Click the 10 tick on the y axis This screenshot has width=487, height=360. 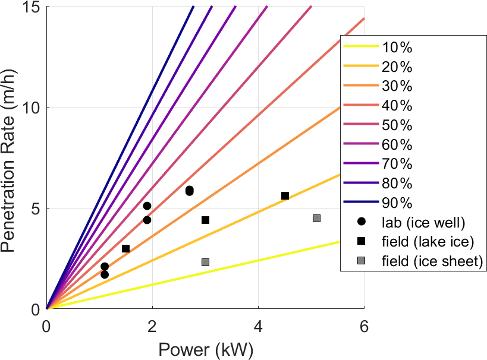click(x=32, y=108)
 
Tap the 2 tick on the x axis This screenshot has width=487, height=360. click(x=152, y=326)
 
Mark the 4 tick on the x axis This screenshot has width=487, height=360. click(x=258, y=326)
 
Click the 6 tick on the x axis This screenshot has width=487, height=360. click(x=364, y=326)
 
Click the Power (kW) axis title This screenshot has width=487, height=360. click(x=205, y=350)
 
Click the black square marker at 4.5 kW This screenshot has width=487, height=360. click(x=285, y=195)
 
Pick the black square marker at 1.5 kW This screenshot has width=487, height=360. click(x=125, y=248)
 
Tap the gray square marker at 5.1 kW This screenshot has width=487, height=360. click(x=316, y=218)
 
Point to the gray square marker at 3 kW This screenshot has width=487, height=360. click(x=205, y=262)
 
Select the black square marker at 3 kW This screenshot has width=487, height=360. click(x=205, y=220)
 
